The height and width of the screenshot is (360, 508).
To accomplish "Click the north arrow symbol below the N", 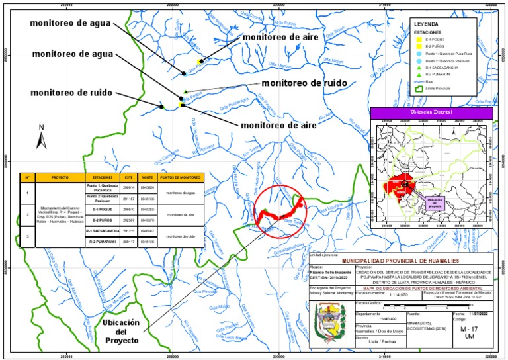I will (41, 140).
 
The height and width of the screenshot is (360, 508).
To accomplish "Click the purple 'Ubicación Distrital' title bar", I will (431, 112).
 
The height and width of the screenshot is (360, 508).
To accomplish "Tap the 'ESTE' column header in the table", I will (130, 177).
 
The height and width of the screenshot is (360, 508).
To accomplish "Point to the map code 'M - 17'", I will (468, 328).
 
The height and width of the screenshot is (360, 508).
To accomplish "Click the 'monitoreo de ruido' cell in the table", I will (180, 236).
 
